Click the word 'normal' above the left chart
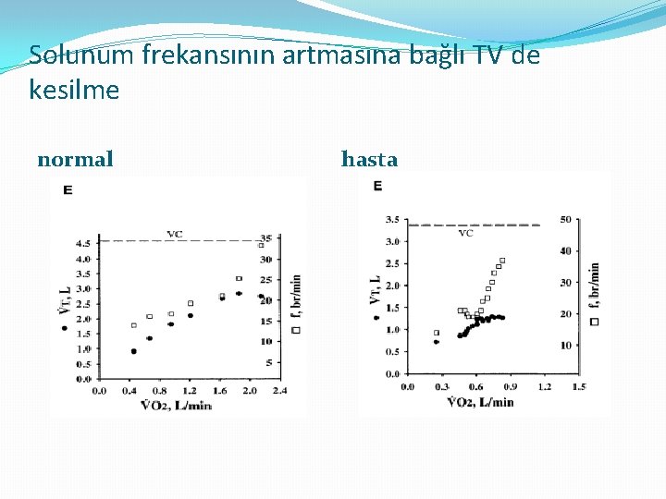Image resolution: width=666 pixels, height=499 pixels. [x=75, y=160]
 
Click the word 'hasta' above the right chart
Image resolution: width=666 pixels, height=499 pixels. [x=369, y=160]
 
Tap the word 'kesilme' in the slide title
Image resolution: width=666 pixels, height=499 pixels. [x=74, y=91]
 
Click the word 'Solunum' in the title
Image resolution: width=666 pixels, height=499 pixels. [x=81, y=55]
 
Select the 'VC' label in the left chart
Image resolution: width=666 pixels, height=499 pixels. [x=174, y=234]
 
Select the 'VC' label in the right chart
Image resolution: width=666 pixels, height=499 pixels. [x=466, y=233]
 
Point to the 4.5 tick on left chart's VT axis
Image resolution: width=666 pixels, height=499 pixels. [x=82, y=243]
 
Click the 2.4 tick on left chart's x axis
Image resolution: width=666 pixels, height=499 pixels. [x=277, y=391]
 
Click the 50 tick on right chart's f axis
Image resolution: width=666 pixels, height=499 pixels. [x=565, y=220]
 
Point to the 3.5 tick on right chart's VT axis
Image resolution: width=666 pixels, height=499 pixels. [x=391, y=220]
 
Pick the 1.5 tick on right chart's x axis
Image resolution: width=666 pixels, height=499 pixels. [x=578, y=387]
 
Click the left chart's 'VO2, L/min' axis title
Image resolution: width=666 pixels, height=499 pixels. [x=176, y=405]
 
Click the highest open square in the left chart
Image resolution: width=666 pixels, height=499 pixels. [x=261, y=245]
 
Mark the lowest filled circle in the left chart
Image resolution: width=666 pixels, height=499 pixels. [x=133, y=351]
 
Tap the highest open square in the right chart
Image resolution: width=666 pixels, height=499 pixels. [x=502, y=261]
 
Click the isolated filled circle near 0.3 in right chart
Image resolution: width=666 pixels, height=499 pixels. [x=436, y=342]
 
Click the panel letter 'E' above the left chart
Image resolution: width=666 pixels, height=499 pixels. [x=68, y=190]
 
